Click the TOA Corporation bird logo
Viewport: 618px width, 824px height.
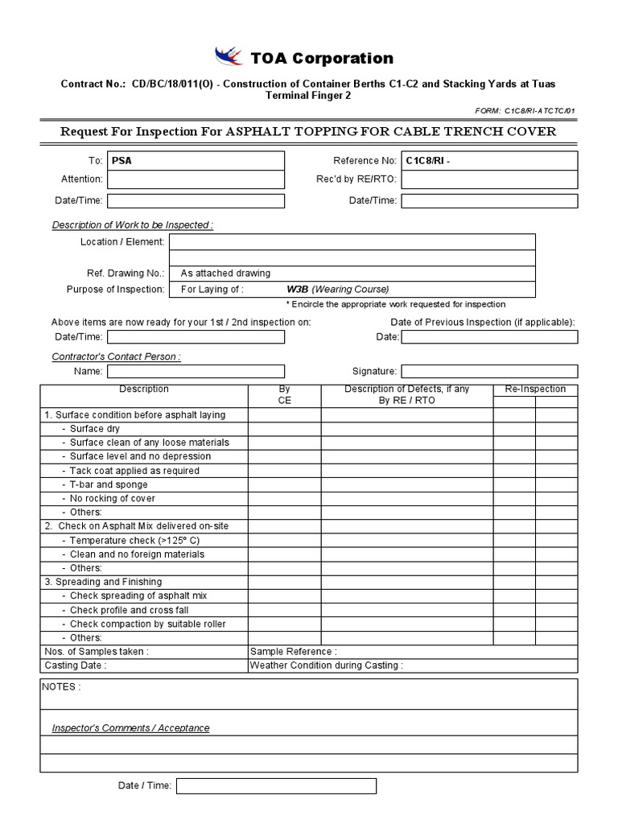pyautogui.click(x=229, y=57)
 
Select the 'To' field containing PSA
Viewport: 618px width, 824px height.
pyautogui.click(x=196, y=161)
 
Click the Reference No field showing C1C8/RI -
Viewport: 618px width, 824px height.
pyautogui.click(x=489, y=161)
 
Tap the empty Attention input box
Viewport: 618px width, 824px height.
pyautogui.click(x=196, y=179)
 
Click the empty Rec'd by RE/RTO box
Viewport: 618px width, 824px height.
pyautogui.click(x=489, y=179)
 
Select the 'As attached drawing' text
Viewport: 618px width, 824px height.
pyautogui.click(x=225, y=273)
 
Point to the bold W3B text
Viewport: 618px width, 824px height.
pyautogui.click(x=297, y=289)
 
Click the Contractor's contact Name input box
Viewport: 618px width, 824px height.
pyautogui.click(x=196, y=372)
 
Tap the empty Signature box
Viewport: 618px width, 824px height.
pyautogui.click(x=489, y=372)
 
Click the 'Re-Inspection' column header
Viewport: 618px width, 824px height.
pyautogui.click(x=535, y=389)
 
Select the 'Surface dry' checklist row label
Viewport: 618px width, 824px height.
pyautogui.click(x=94, y=429)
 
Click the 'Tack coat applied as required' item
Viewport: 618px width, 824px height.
pyautogui.click(x=134, y=471)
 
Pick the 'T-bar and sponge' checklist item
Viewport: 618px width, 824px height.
pyautogui.click(x=109, y=484)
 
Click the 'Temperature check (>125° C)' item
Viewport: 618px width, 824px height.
pyautogui.click(x=134, y=540)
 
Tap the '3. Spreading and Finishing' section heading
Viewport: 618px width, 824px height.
pyautogui.click(x=103, y=582)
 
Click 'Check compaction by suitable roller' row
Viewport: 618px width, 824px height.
pyautogui.click(x=147, y=624)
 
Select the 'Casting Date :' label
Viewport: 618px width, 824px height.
pyautogui.click(x=76, y=665)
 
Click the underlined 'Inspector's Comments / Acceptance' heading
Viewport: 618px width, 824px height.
pyautogui.click(x=130, y=728)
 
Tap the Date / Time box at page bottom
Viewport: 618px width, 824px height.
pyautogui.click(x=276, y=786)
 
